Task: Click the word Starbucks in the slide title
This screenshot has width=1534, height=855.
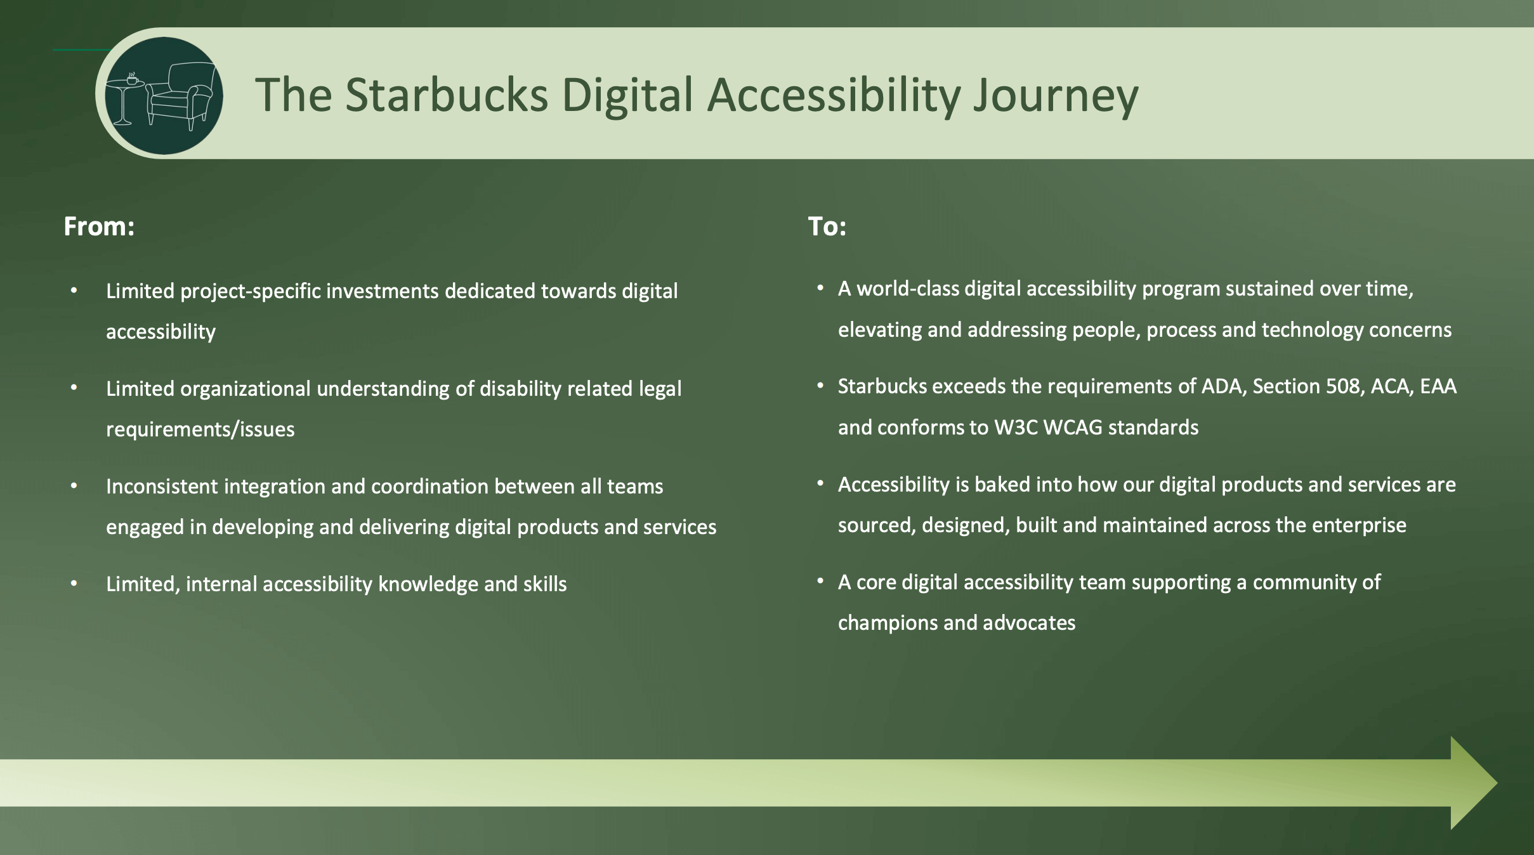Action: [x=447, y=95]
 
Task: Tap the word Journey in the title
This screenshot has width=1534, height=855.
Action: [x=1056, y=96]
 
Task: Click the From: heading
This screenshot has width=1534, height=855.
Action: [x=99, y=226]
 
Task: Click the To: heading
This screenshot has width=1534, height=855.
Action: [x=827, y=226]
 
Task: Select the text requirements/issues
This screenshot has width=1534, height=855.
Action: [x=200, y=429]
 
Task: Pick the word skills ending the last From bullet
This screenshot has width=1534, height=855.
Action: [x=545, y=584]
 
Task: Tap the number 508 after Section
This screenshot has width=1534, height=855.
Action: [x=1342, y=386]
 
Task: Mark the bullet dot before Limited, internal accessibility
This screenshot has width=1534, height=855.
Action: [x=74, y=584]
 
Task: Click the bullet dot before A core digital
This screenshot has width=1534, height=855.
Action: [x=820, y=581]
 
